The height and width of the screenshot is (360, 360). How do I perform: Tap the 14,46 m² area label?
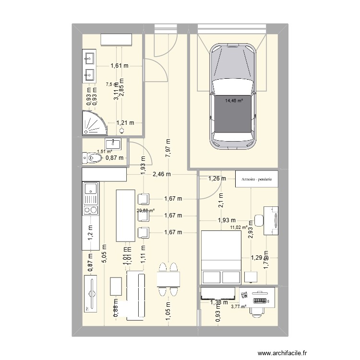tap(234, 100)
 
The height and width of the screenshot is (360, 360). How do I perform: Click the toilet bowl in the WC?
tap(91, 157)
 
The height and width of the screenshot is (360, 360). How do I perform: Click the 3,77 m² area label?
tap(239, 307)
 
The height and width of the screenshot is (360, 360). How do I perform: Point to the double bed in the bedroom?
tap(220, 257)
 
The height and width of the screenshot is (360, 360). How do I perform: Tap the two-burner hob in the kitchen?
tap(90, 209)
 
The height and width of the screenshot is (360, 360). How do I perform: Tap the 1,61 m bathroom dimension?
tap(120, 66)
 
